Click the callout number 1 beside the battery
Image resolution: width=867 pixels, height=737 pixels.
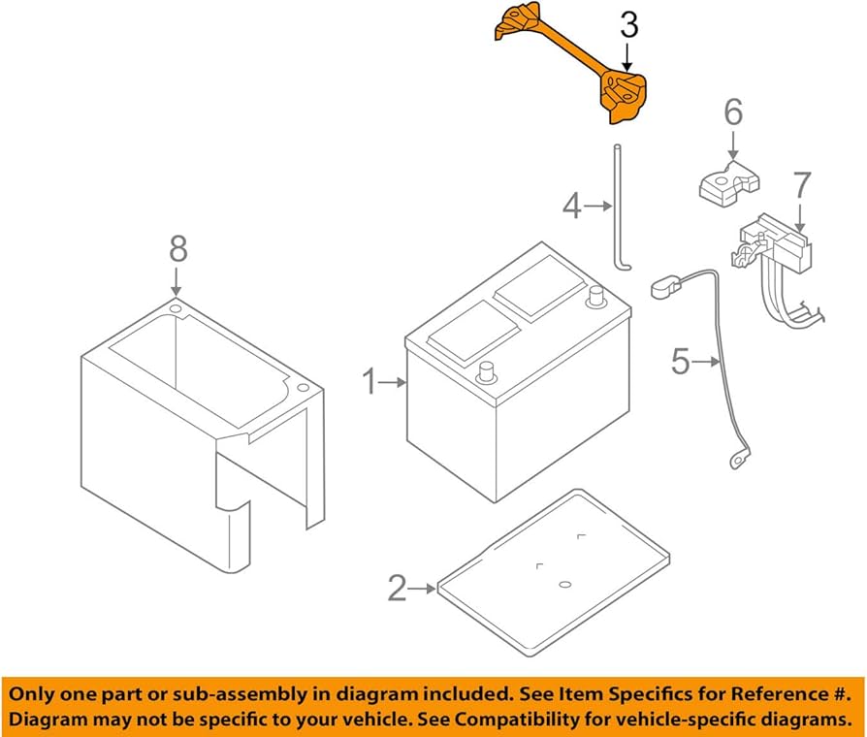pyautogui.click(x=369, y=383)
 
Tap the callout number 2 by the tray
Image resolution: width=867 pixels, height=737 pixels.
pyautogui.click(x=397, y=588)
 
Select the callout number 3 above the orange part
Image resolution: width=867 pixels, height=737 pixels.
pyautogui.click(x=629, y=27)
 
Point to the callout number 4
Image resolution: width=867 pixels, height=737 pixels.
pyautogui.click(x=572, y=205)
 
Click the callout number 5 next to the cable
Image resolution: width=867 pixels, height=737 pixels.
pyautogui.click(x=681, y=362)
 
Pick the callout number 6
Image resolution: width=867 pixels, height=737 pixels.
pyautogui.click(x=732, y=112)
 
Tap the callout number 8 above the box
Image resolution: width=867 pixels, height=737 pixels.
pyautogui.click(x=177, y=250)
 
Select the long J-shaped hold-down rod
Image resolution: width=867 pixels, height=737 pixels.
pyautogui.click(x=616, y=208)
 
